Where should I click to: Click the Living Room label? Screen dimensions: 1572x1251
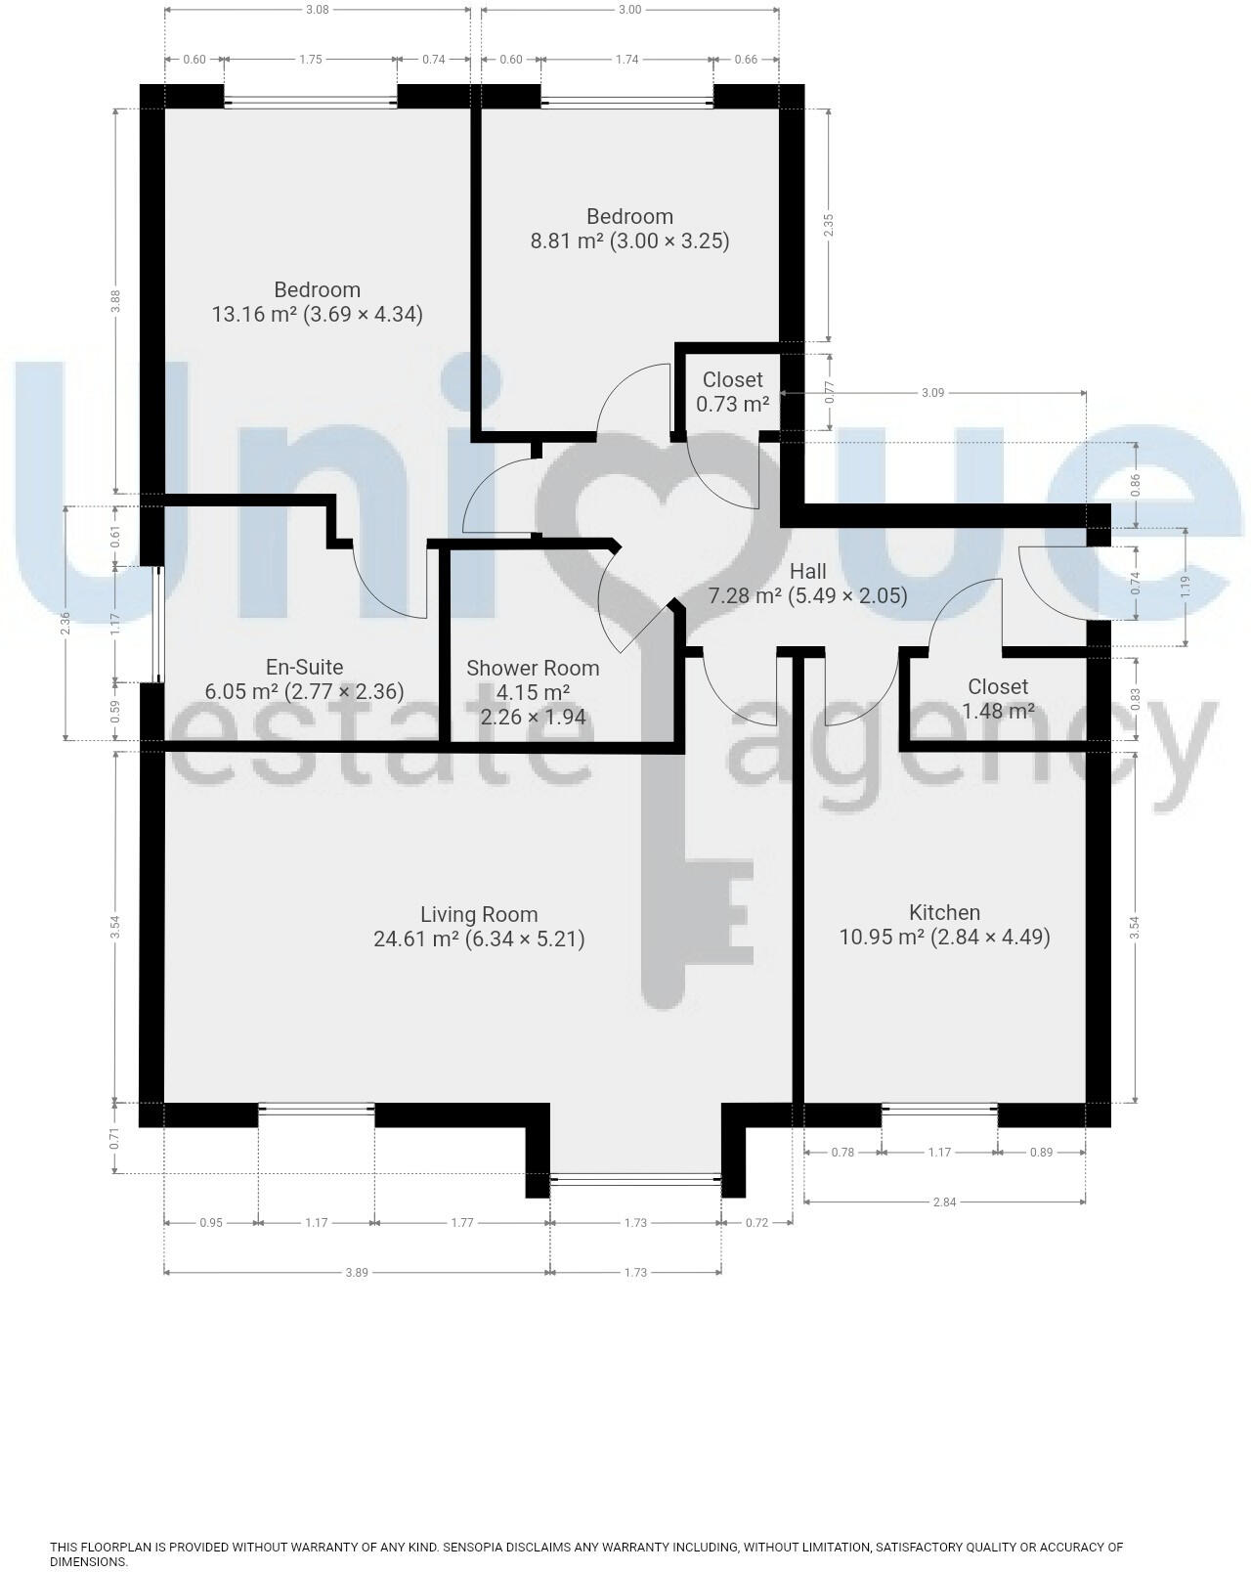tap(479, 915)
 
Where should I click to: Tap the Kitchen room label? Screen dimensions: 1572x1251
tap(944, 913)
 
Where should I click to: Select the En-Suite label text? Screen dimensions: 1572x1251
tap(304, 668)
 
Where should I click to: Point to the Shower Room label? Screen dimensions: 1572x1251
tap(533, 669)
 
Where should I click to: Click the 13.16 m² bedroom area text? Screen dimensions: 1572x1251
tap(317, 315)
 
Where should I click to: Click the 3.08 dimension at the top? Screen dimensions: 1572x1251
tap(318, 10)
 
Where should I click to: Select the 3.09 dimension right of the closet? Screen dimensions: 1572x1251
tap(932, 393)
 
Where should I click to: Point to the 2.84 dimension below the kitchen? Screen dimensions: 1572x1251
tap(944, 1201)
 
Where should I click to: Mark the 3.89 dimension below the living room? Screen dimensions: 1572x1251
tap(357, 1272)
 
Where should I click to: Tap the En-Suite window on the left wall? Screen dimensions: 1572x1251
tap(158, 625)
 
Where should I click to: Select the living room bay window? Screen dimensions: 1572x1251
tap(635, 1180)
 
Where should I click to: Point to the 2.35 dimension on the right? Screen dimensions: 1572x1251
tap(829, 225)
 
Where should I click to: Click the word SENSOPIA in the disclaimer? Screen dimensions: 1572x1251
tap(476, 1548)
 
